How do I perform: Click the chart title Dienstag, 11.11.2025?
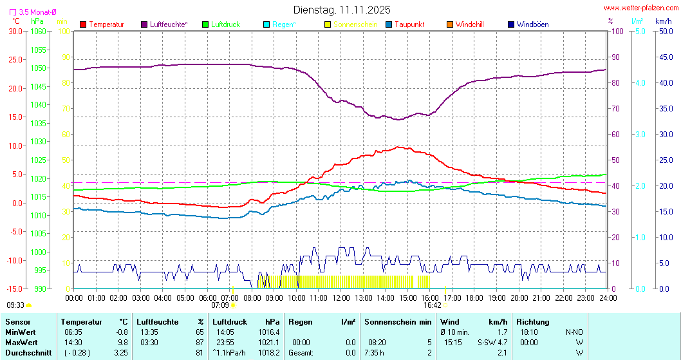tap(341, 10)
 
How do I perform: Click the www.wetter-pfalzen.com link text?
tap(641, 8)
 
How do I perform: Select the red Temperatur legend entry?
tap(106, 24)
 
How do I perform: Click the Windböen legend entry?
tap(532, 24)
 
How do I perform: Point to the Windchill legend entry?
tap(469, 24)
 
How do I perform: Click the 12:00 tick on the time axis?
tap(341, 298)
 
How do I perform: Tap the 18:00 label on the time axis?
tap(474, 298)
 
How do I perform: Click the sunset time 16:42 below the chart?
tap(433, 305)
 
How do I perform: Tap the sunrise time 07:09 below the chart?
tap(220, 305)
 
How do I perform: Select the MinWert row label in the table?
tap(20, 332)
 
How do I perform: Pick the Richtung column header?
tap(532, 321)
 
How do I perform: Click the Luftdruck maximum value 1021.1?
tap(268, 342)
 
